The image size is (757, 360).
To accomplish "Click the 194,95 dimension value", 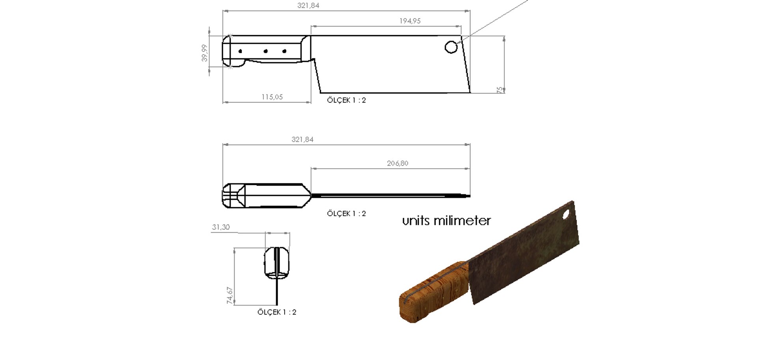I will click(x=410, y=21).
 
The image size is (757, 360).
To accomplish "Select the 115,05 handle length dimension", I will click(x=272, y=97).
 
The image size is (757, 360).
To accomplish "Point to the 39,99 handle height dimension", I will click(x=204, y=53).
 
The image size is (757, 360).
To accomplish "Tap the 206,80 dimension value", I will click(x=397, y=163).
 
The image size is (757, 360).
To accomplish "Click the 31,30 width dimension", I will click(x=221, y=227).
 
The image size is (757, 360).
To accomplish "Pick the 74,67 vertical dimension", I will click(x=230, y=295).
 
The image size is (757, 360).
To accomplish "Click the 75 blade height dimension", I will click(x=500, y=90).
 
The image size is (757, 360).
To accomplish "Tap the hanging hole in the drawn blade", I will click(x=451, y=47).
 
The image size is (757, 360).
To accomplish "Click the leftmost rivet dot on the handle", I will click(x=241, y=51).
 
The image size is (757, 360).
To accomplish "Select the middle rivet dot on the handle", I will click(x=266, y=51).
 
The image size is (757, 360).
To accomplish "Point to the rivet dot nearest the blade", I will click(x=284, y=51).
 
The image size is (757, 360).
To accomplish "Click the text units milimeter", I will click(x=446, y=220).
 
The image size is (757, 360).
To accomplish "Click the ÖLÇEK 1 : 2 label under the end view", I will click(x=277, y=312).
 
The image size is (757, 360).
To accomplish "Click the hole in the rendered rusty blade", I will click(x=566, y=215).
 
